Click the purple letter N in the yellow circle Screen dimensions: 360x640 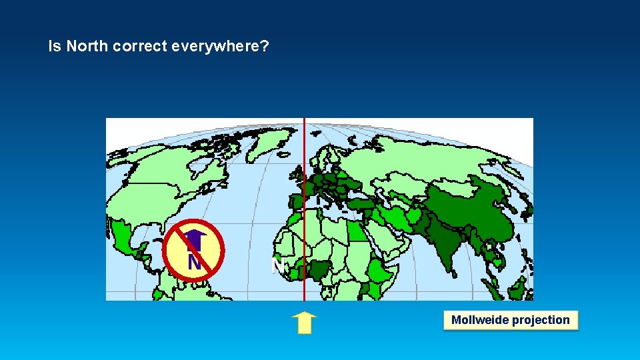(194, 262)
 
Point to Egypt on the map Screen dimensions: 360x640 (359, 231)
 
